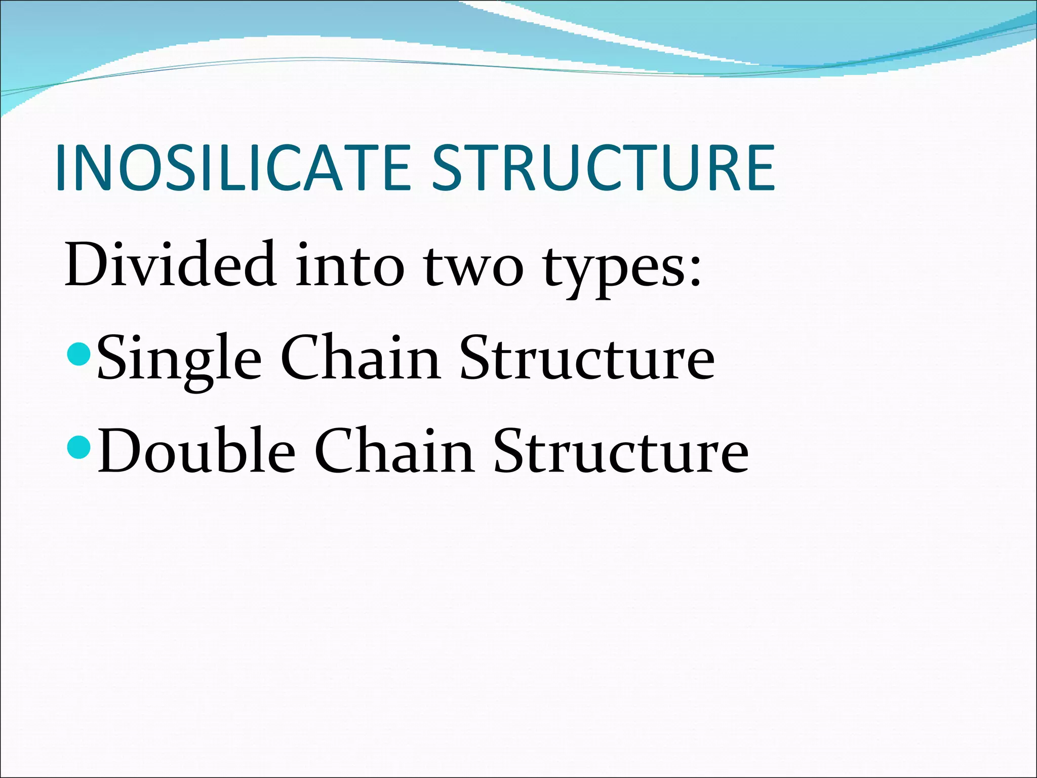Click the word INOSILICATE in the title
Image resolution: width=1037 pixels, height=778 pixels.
pyautogui.click(x=233, y=168)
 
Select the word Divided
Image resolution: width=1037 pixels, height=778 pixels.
pyautogui.click(x=170, y=263)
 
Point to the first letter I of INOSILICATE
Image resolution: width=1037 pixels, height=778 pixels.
pyautogui.click(x=62, y=168)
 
